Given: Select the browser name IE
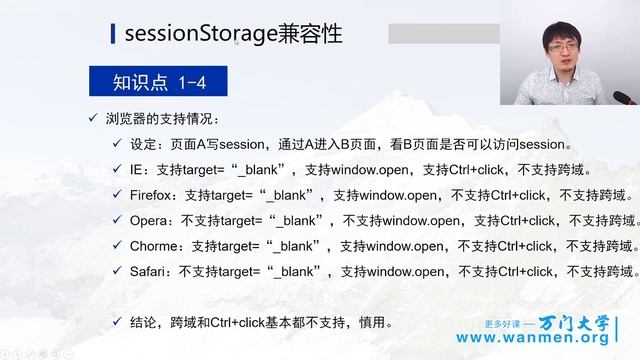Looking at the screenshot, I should click(139, 168).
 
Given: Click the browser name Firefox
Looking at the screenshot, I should click(154, 194).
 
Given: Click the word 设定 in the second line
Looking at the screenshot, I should click(146, 143).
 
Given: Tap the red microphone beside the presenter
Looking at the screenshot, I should click(625, 99).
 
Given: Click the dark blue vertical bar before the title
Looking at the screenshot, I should click(112, 34).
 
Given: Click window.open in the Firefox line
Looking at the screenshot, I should click(399, 194).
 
